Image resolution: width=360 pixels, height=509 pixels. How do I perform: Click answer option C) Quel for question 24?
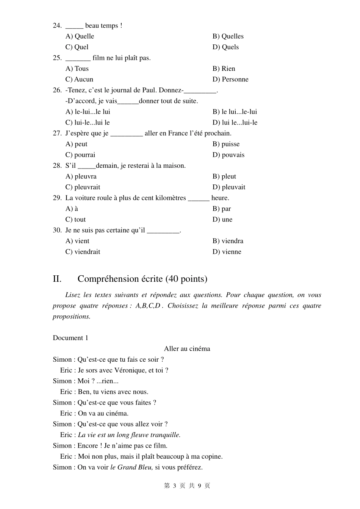click(x=77, y=47)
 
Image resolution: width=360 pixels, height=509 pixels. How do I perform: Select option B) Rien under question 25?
click(x=224, y=69)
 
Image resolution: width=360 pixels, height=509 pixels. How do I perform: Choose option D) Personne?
click(x=230, y=79)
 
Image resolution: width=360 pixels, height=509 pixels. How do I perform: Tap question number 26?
click(x=57, y=90)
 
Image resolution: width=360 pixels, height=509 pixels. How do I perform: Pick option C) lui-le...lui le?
click(x=88, y=122)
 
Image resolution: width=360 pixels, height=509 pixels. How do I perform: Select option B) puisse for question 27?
click(x=226, y=144)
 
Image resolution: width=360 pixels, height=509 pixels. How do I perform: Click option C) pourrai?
click(x=80, y=155)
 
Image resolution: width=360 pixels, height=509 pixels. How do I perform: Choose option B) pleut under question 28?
click(x=224, y=176)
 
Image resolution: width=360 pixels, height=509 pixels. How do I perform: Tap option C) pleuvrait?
click(x=83, y=187)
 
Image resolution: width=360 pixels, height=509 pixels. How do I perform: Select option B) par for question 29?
click(x=222, y=209)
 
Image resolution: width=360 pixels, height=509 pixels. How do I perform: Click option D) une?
click(x=222, y=219)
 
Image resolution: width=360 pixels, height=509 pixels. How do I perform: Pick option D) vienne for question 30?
click(x=227, y=251)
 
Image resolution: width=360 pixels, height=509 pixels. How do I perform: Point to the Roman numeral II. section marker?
click(x=57, y=279)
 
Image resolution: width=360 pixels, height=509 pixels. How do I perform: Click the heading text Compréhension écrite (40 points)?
click(x=142, y=279)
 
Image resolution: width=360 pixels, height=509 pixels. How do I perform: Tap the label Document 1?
click(x=70, y=338)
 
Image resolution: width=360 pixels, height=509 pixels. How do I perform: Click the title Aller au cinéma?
click(x=187, y=348)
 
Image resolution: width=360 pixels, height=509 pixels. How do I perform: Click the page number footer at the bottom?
click(x=187, y=486)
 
